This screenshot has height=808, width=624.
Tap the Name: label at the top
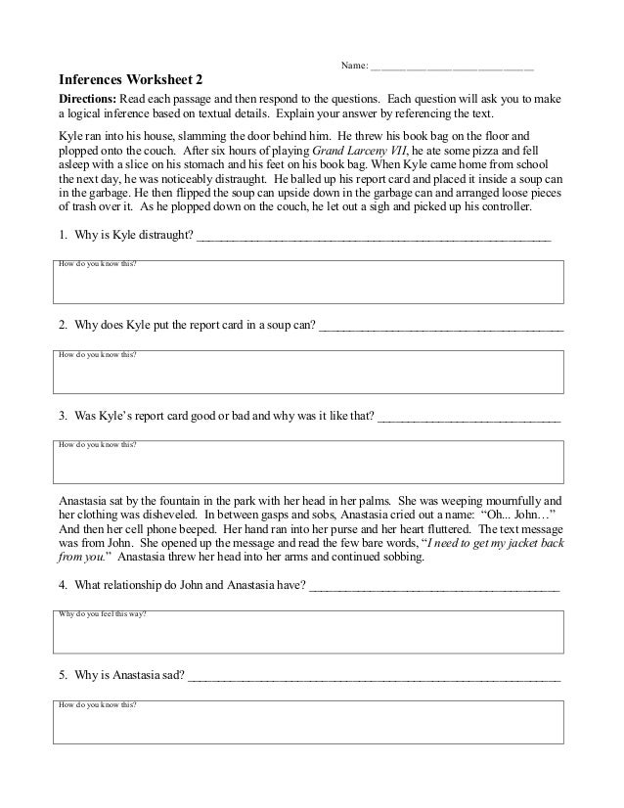pos(354,66)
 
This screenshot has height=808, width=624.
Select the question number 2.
pos(63,327)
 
